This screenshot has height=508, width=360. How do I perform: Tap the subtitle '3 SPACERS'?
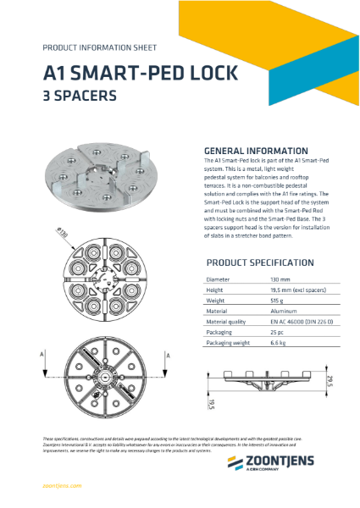click(x=80, y=97)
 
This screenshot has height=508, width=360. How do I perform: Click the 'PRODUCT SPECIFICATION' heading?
click(x=259, y=262)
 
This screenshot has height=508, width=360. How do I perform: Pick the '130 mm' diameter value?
click(x=281, y=279)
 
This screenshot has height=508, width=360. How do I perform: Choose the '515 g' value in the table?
click(x=277, y=300)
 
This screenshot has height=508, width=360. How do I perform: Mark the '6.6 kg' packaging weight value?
click(x=279, y=344)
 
